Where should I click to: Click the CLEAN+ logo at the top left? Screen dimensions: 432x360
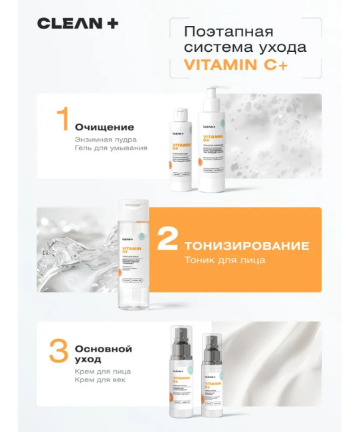(x=78, y=23)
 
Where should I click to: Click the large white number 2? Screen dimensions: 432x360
(x=167, y=241)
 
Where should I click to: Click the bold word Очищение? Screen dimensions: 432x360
(x=104, y=127)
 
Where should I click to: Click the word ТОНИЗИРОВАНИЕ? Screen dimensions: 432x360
(x=246, y=246)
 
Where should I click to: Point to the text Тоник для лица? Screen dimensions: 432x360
(x=225, y=260)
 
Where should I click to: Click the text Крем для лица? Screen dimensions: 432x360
(x=103, y=371)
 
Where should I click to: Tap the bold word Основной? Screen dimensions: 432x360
(x=103, y=349)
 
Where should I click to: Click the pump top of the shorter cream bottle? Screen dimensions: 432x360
(x=211, y=347)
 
